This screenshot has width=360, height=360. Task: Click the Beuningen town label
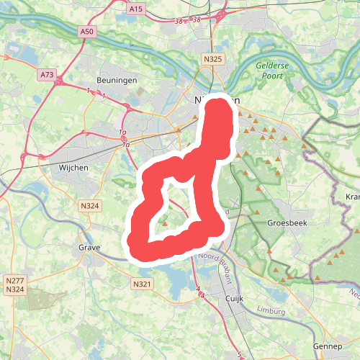click(x=112, y=81)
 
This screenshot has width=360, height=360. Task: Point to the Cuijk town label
click(x=236, y=297)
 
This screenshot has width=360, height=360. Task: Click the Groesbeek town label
click(x=287, y=223)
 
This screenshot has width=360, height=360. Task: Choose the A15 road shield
click(x=135, y=9)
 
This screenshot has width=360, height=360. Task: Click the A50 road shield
click(x=87, y=32)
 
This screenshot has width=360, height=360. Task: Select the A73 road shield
click(x=48, y=74)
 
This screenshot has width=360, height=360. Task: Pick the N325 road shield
click(x=212, y=59)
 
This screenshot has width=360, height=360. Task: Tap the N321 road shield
click(x=143, y=284)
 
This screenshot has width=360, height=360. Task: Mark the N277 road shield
click(x=14, y=280)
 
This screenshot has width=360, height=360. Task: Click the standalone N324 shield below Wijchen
click(x=90, y=207)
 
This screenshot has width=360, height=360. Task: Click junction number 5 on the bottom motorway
click(x=239, y=355)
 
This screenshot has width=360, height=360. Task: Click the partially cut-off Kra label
click(x=352, y=197)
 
